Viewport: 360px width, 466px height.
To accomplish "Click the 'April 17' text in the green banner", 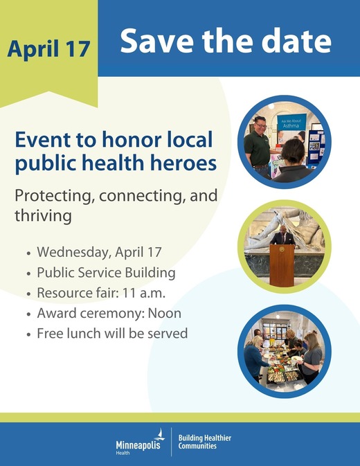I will tap(48, 48).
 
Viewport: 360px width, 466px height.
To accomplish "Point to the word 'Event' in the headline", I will tap(43, 140).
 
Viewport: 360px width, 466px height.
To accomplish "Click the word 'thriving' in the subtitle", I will tap(43, 215).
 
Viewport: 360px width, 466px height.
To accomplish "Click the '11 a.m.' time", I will tap(155, 293).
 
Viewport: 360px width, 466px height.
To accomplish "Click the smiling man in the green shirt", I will tap(258, 142).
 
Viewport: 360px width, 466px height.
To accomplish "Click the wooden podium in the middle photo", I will tap(282, 264).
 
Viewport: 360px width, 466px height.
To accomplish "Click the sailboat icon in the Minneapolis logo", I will tap(160, 434).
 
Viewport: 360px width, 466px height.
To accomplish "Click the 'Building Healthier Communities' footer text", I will tap(205, 442).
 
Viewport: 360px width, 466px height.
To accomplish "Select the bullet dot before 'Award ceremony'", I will tap(28, 314).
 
